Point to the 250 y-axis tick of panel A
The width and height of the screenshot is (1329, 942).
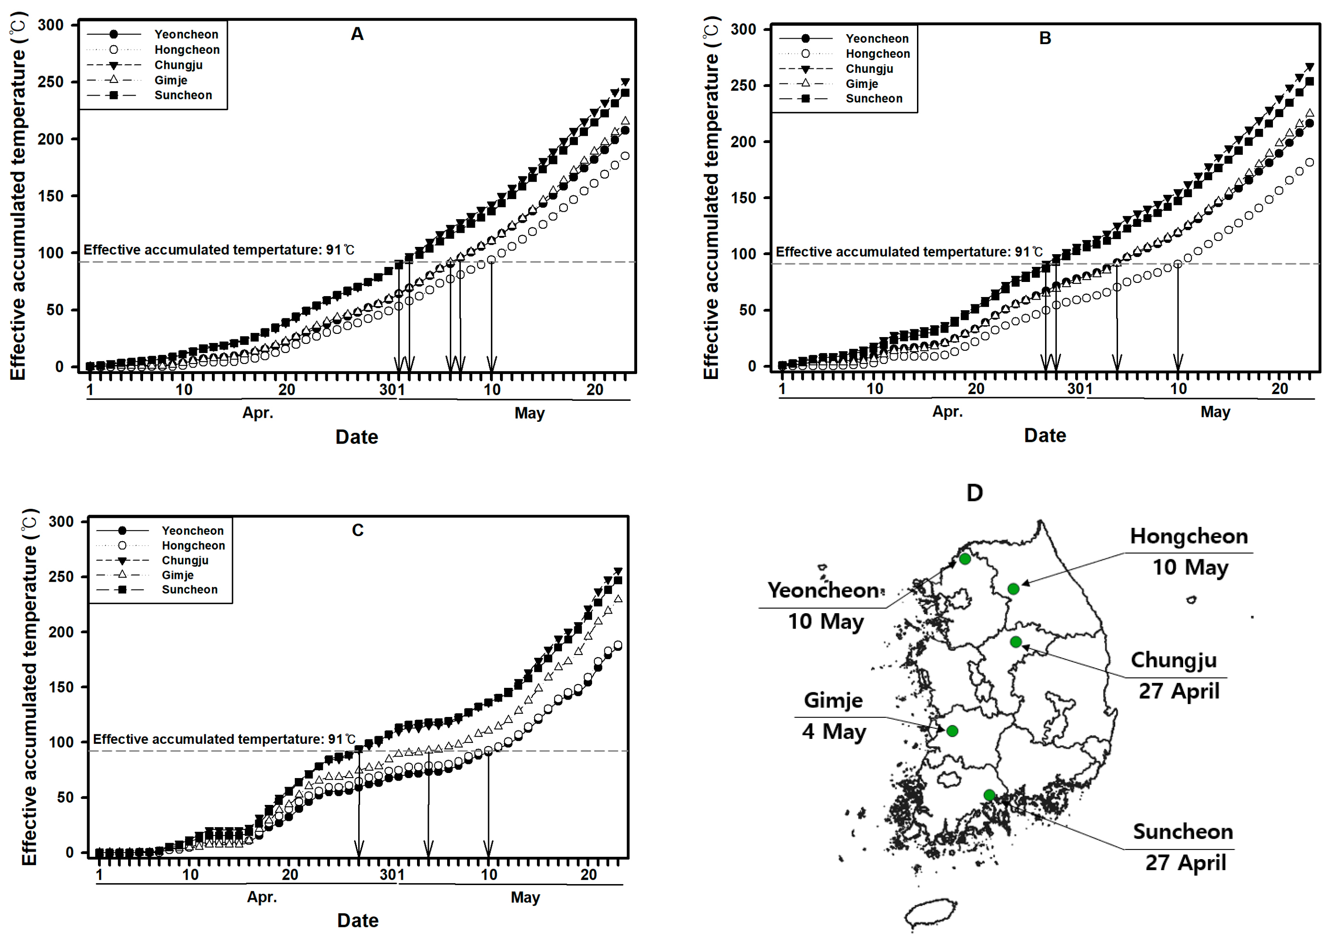click(51, 82)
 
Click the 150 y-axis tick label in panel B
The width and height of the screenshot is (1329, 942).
click(743, 198)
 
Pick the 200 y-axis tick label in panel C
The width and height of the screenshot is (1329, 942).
click(61, 632)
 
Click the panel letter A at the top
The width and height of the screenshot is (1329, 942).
click(357, 34)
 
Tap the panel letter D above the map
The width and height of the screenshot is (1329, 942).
click(974, 492)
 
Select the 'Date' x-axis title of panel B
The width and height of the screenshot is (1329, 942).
click(1045, 435)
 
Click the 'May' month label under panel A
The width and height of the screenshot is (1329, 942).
click(529, 413)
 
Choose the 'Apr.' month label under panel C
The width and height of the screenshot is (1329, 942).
click(262, 897)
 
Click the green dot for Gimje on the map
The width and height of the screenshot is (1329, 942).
click(952, 731)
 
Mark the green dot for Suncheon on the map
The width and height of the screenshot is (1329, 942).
click(989, 795)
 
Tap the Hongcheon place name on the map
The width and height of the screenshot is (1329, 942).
click(1189, 537)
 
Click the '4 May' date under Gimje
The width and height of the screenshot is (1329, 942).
click(834, 732)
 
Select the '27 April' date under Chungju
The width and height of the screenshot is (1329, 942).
click(1179, 691)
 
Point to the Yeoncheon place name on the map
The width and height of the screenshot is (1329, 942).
click(824, 590)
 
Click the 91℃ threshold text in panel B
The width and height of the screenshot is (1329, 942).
click(909, 252)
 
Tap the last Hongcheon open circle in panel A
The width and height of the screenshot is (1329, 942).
click(624, 155)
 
